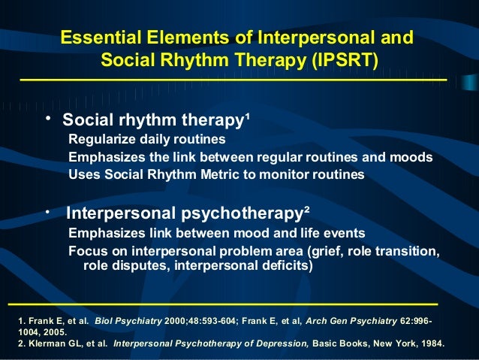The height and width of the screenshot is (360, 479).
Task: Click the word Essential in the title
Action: click(94, 38)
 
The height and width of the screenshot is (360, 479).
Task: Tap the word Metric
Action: click(224, 174)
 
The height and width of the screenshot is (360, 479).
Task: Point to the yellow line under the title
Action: click(233, 79)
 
